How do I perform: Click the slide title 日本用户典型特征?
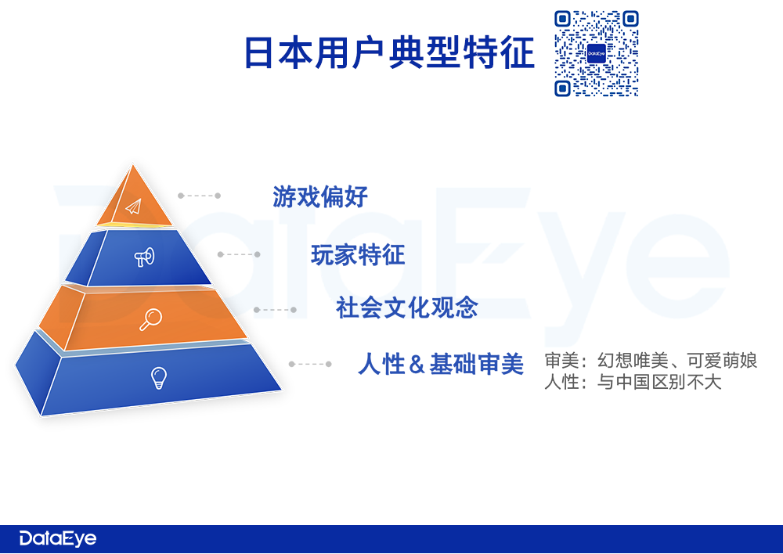tap(389, 52)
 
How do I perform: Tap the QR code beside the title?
tap(596, 53)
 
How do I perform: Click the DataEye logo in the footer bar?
tap(57, 538)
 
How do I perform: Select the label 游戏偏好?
tap(320, 196)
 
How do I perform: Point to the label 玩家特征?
tap(358, 254)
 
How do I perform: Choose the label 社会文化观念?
tap(407, 308)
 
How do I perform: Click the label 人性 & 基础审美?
tap(441, 364)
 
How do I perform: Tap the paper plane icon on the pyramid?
tap(134, 206)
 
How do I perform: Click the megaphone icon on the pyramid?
tap(145, 257)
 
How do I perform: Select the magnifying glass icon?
tap(150, 319)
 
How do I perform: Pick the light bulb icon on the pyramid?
tap(159, 378)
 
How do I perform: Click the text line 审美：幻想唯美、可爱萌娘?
tap(651, 361)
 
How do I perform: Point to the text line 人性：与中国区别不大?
tap(633, 383)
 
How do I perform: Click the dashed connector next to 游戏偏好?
tap(199, 196)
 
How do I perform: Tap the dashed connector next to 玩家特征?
tap(239, 254)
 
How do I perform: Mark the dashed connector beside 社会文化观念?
tap(275, 310)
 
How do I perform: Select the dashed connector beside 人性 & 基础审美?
tap(310, 364)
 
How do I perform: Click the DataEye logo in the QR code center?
tap(596, 53)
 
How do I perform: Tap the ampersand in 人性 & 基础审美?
tap(417, 365)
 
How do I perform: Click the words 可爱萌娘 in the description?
tap(722, 361)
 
